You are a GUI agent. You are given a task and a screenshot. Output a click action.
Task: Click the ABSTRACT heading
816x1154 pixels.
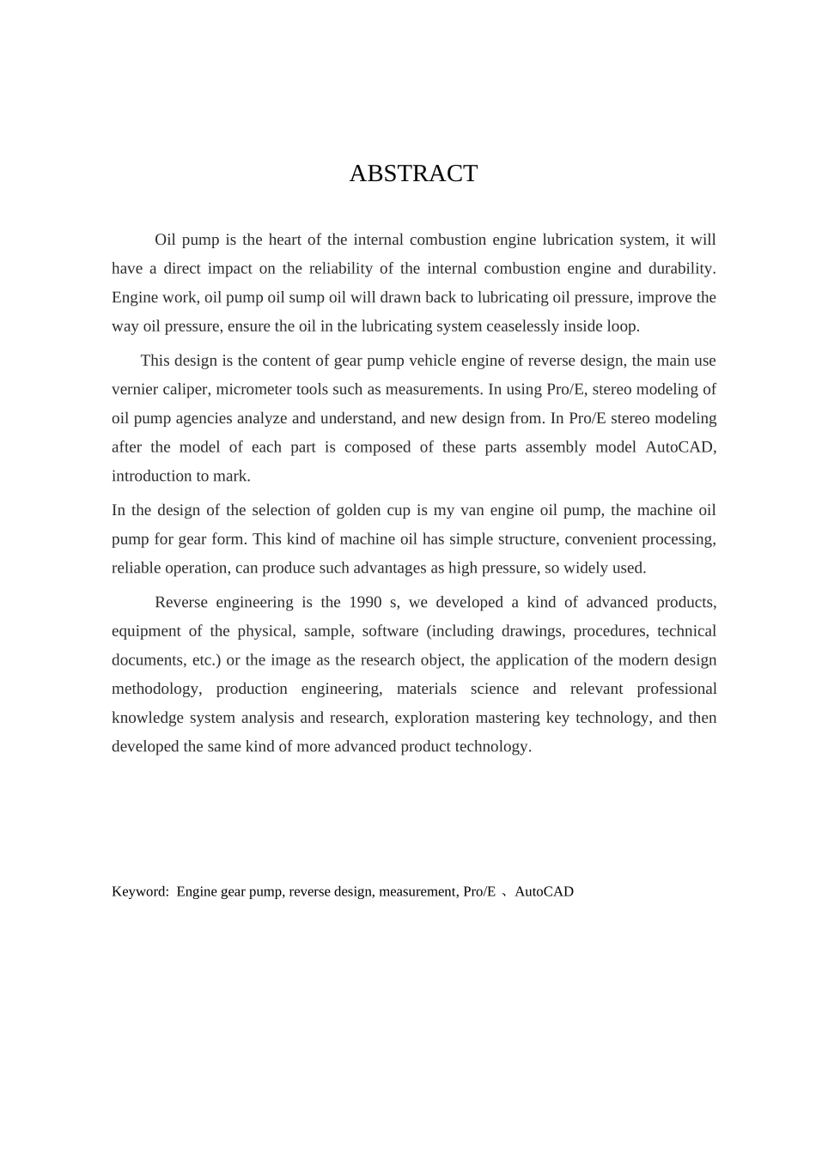413,173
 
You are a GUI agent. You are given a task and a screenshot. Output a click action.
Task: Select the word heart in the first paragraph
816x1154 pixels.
288,240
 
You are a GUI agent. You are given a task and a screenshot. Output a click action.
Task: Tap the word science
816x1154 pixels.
494,689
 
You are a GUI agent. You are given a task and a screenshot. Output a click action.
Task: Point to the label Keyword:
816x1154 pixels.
140,892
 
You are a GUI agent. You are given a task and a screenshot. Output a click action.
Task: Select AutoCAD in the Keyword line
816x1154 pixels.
544,892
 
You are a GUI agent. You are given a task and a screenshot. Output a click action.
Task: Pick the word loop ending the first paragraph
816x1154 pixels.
623,326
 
